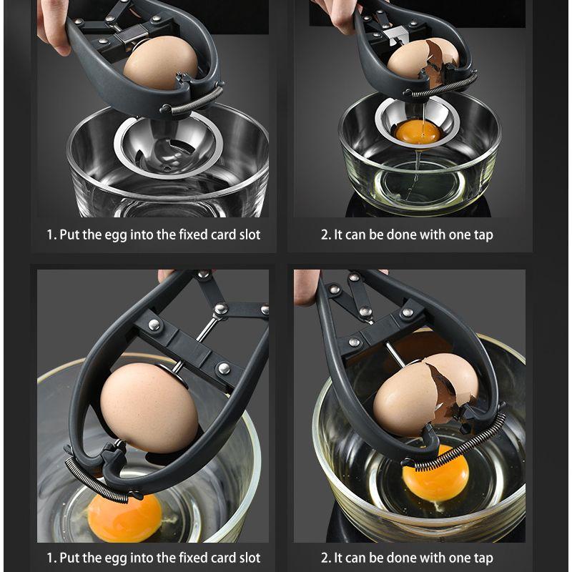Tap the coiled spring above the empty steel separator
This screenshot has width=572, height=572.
194,101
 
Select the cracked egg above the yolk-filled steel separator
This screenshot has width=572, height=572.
422,59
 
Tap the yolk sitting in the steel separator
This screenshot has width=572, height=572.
418,132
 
